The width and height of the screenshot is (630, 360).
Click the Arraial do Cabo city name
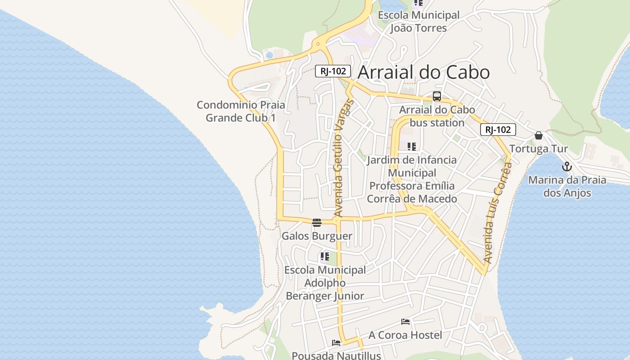pos(423,72)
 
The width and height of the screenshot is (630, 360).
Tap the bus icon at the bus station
pos(436,96)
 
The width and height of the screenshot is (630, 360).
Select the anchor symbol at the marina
pos(567,167)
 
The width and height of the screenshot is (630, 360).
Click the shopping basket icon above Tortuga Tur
pos(538,135)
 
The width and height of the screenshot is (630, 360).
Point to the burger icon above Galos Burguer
pos(317,222)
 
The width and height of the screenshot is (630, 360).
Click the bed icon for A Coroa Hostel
pos(405,322)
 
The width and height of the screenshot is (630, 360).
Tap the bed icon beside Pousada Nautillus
pos(336,343)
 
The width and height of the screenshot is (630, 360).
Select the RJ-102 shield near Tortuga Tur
pos(498,130)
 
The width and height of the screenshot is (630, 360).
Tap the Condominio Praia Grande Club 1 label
pos(241,111)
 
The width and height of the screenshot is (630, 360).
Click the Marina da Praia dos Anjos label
pos(567,186)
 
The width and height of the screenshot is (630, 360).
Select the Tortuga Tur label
pos(539,148)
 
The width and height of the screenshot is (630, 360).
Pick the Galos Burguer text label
pos(317,236)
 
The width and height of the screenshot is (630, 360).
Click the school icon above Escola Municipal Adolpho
pos(324,256)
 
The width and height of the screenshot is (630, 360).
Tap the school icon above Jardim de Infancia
pos(411,146)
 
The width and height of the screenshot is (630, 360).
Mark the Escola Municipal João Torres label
pos(418,21)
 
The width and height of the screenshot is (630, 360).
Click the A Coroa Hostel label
pos(405,335)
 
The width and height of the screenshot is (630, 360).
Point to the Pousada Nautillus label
pos(336,355)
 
